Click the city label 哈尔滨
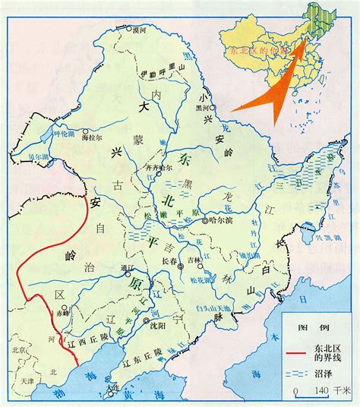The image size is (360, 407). click(223, 221)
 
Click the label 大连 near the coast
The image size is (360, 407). click(114, 386)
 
